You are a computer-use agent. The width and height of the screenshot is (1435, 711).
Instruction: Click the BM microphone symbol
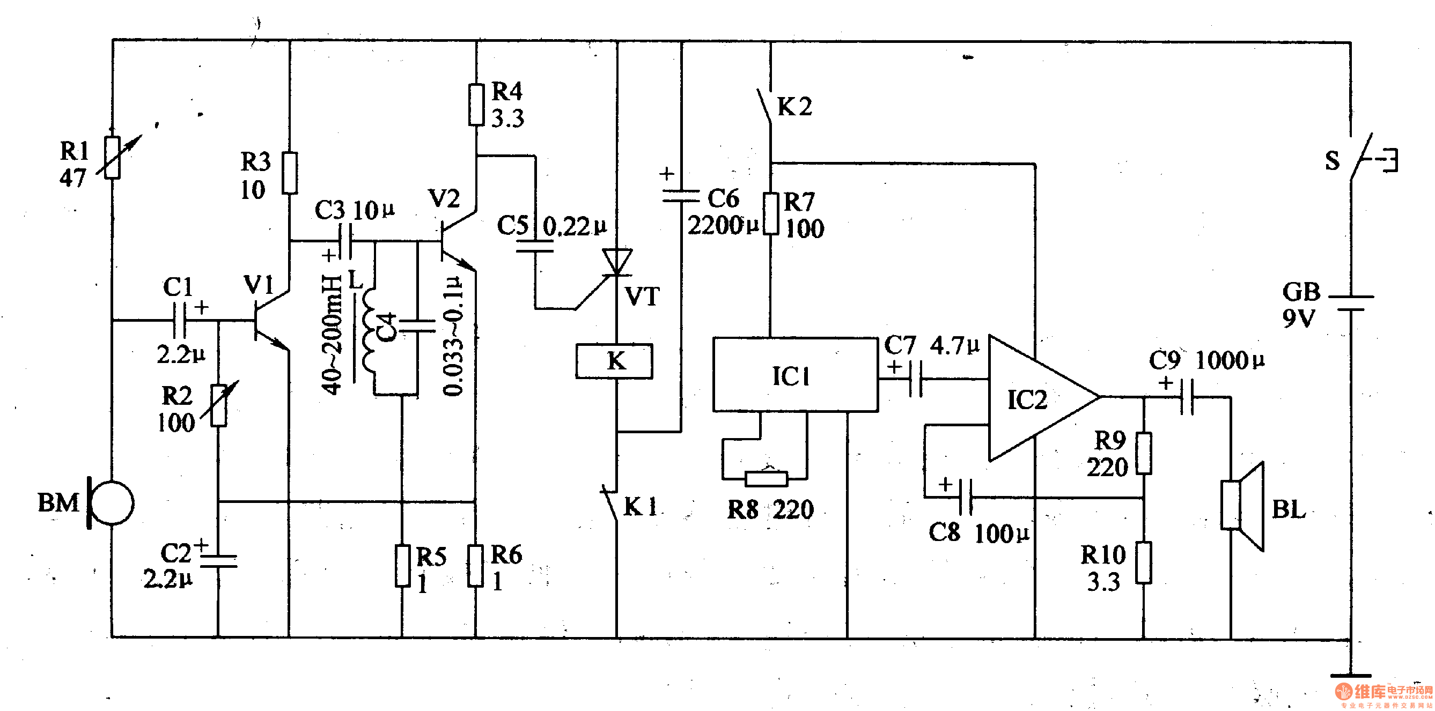coord(112,503)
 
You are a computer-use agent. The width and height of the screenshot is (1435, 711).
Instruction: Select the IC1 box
coord(795,375)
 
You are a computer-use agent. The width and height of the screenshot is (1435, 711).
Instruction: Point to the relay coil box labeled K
coord(614,361)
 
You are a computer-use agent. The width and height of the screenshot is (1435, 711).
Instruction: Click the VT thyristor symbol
coord(617,262)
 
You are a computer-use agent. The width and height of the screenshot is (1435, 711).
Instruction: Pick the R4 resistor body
coord(476,104)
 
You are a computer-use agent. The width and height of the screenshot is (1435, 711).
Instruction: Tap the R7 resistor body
coord(770,213)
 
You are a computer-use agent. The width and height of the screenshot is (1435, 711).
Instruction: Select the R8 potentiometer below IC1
coord(767,478)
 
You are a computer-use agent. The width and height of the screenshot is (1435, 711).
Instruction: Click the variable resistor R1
coord(113,157)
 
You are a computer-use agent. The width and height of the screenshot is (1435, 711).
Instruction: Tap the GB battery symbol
coord(1350,303)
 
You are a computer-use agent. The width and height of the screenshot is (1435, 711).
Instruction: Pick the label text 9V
coord(1299,319)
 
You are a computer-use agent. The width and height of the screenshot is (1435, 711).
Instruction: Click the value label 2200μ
coord(723,226)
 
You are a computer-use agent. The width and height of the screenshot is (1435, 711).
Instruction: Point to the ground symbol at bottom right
coord(1350,676)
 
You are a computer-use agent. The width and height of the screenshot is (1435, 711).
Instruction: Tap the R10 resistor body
coord(1144,563)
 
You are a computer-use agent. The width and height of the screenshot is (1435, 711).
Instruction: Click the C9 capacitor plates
coord(1187,397)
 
